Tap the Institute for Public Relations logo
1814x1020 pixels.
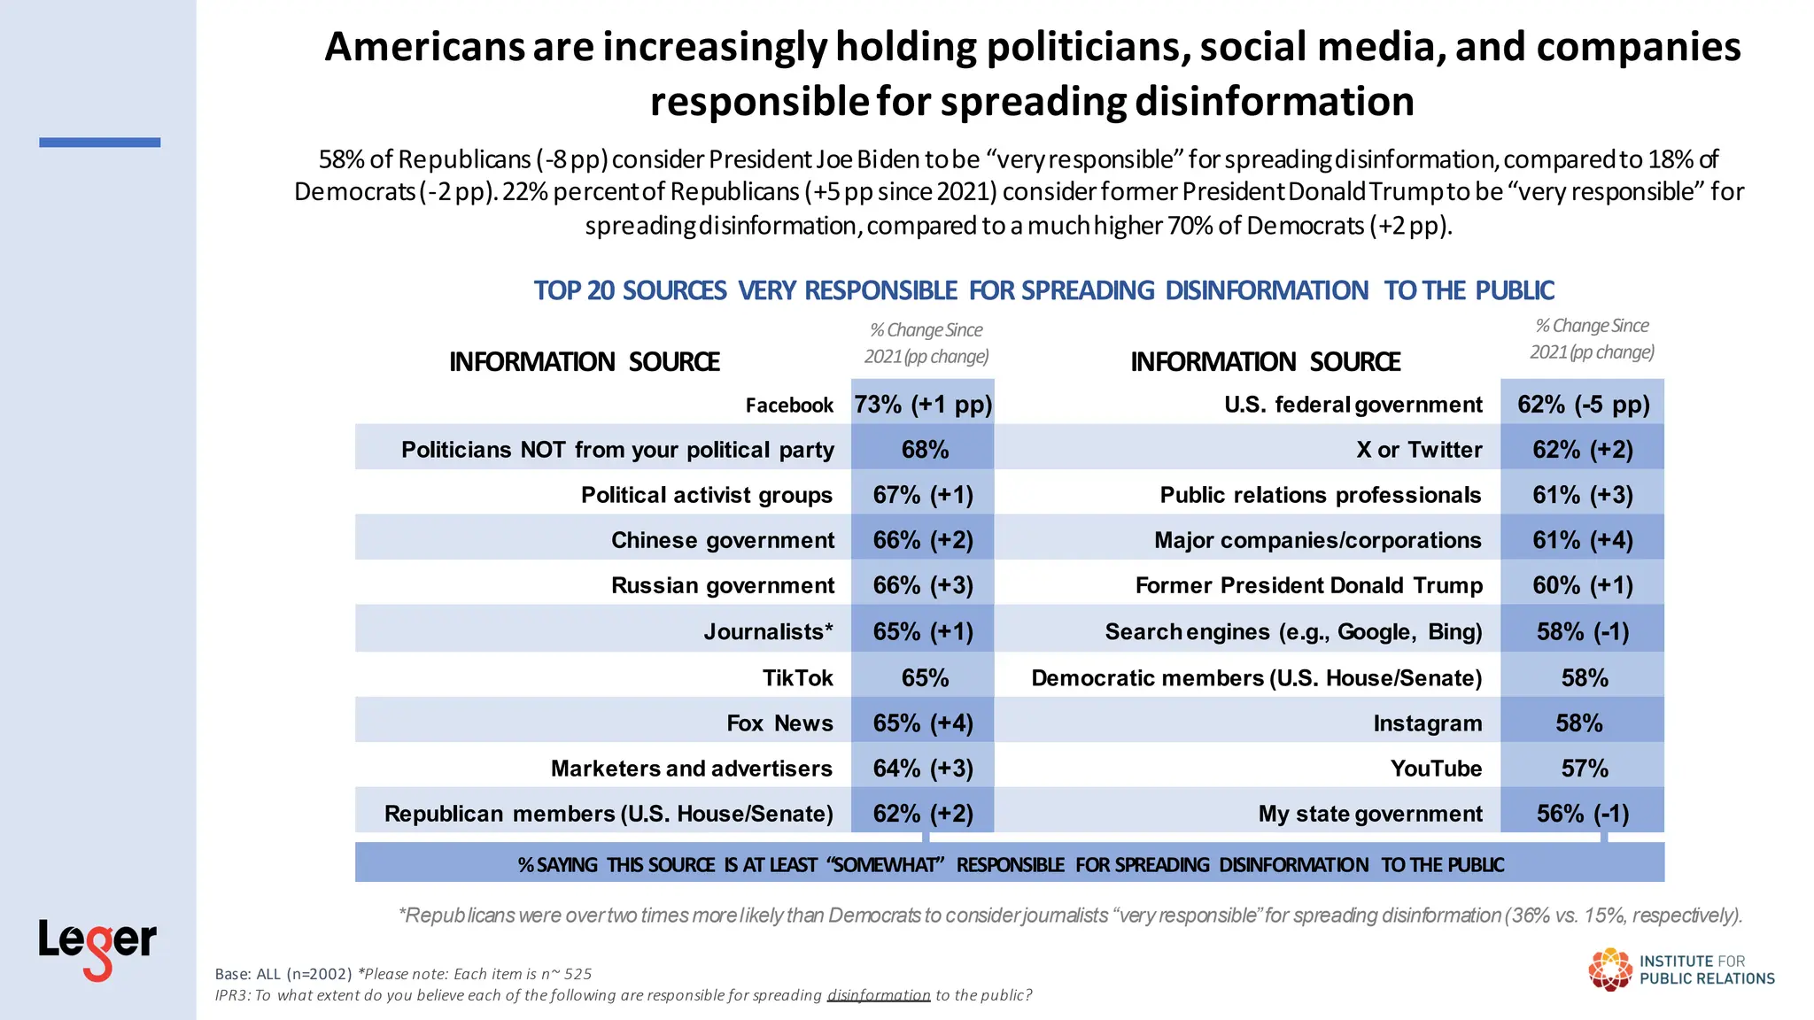1680,970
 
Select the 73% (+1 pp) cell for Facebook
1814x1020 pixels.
923,405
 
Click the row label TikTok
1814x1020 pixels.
797,678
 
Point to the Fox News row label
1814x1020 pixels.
779,723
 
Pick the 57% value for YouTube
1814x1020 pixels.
1584,769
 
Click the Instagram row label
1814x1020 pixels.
1427,723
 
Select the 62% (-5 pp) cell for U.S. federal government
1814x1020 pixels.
1583,405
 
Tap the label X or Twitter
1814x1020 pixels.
1418,450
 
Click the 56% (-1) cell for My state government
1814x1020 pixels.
1583,814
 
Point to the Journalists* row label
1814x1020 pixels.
768,632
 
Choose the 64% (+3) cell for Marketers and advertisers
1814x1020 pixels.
923,769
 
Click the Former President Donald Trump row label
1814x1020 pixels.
1308,585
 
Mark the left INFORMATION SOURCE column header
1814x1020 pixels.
585,362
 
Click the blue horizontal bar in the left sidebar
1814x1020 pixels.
99,142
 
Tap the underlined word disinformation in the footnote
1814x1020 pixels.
878,995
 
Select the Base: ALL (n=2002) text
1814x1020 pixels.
283,974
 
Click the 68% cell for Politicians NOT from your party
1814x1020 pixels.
925,450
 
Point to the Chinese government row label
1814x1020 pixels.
722,540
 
